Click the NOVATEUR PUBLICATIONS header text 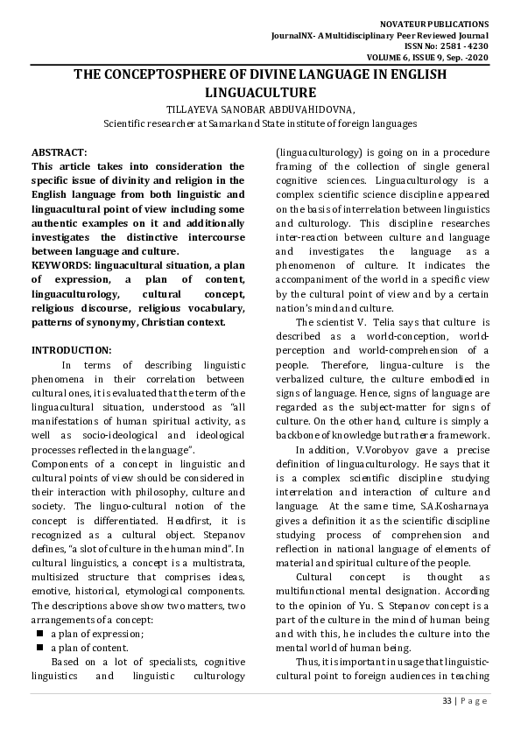[x=446, y=24]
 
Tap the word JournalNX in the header [x=294, y=35]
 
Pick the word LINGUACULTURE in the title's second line [x=259, y=91]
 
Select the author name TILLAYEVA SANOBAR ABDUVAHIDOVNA [x=260, y=110]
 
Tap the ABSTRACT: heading [x=60, y=152]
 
